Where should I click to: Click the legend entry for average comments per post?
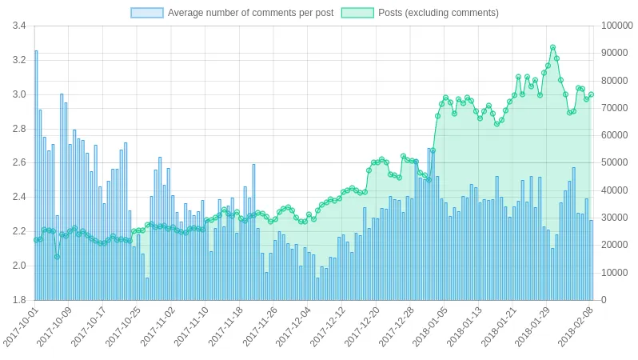point(249,13)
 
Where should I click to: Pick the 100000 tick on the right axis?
point(616,26)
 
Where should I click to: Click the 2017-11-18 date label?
point(226,329)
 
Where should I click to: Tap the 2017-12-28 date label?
point(397,329)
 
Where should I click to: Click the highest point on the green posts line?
point(552,47)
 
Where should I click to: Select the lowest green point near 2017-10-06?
point(57,257)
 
